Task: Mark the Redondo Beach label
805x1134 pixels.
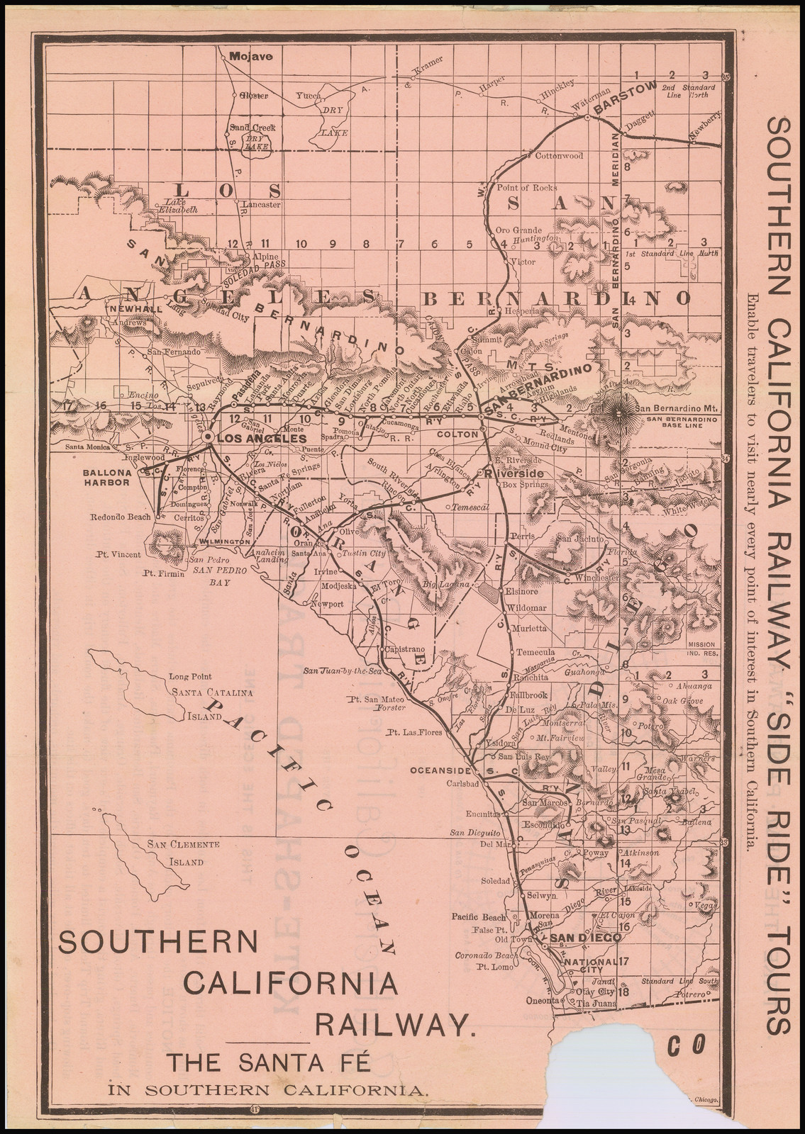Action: (121, 517)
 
